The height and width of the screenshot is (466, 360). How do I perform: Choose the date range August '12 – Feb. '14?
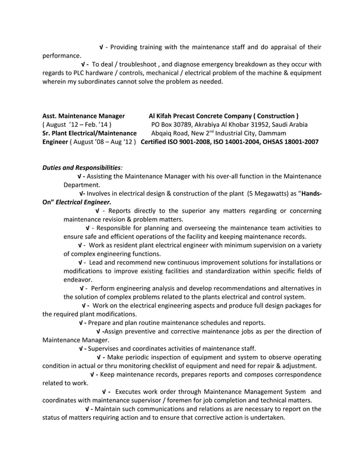click(x=78, y=124)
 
